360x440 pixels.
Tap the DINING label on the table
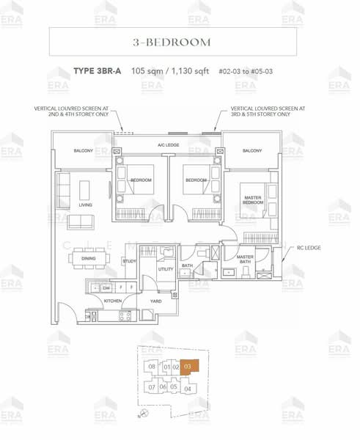(88, 258)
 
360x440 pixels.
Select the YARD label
(155, 301)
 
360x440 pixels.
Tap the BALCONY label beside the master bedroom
(252, 150)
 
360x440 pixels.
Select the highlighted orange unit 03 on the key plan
(188, 367)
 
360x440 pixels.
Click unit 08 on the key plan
(152, 367)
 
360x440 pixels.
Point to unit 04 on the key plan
(188, 389)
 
